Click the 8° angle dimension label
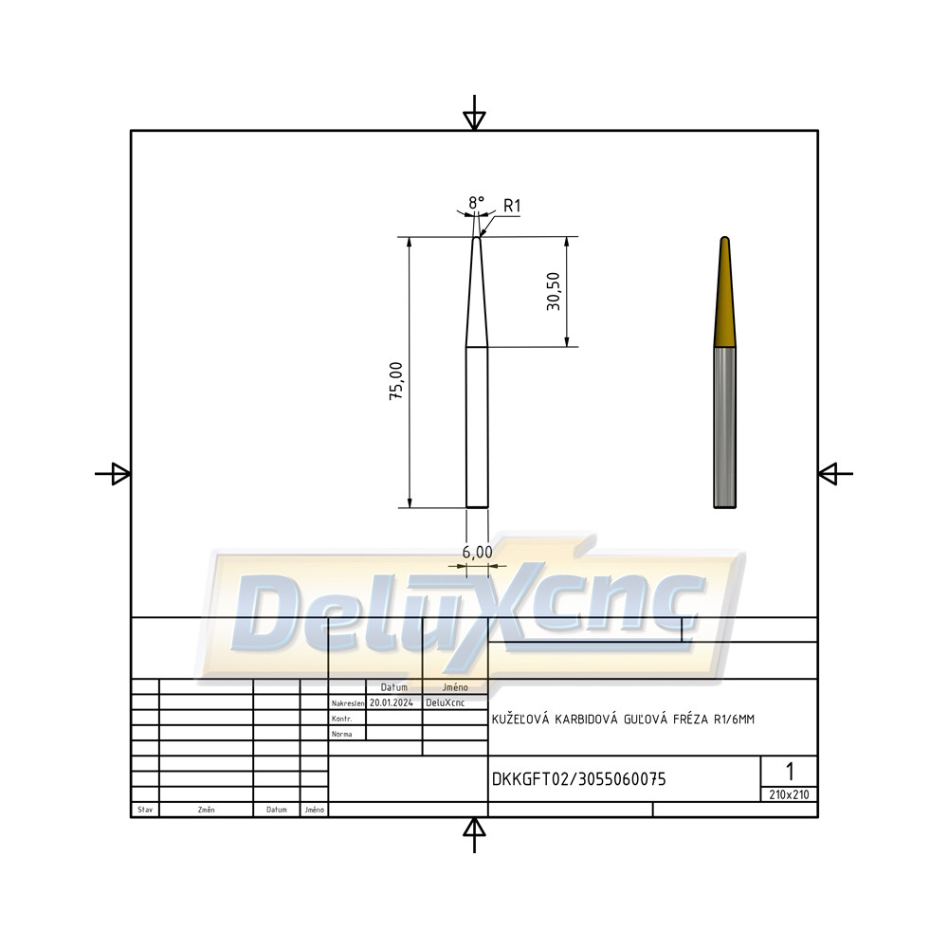point(477,203)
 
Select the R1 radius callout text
point(512,206)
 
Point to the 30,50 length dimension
point(554,291)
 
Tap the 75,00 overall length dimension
point(396,381)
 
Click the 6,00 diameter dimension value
point(477,552)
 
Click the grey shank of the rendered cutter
point(725,428)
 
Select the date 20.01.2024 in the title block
point(392,702)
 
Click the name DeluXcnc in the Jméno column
point(445,702)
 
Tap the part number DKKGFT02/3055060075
point(578,779)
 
